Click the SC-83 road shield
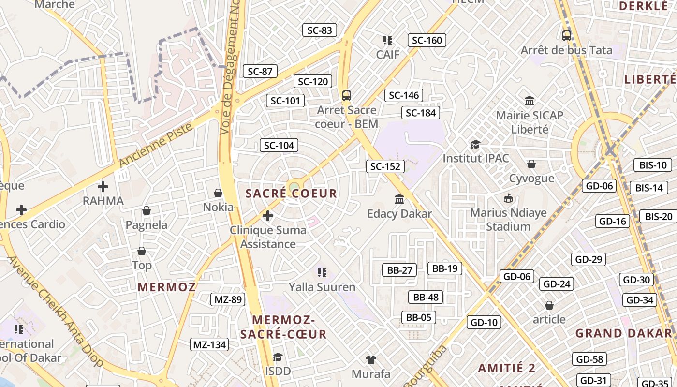320,30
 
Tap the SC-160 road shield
427,40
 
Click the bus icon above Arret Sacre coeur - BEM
346,95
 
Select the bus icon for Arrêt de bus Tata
566,35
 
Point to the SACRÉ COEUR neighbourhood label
291,193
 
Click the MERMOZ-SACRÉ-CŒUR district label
283,327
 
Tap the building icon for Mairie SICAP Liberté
530,101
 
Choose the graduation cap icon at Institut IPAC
476,144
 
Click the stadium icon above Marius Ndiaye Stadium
508,198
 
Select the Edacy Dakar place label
399,213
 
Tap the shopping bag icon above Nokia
218,193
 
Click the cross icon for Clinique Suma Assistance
268,215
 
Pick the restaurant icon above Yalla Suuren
322,273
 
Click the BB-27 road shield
399,270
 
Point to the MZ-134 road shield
209,344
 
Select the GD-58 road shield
589,359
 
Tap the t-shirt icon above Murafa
371,359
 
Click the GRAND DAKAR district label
624,333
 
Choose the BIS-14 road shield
649,188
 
